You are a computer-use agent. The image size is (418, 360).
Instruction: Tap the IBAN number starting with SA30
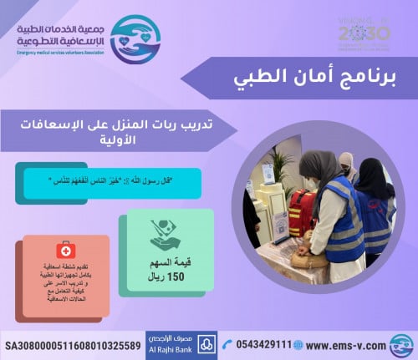coord(73,345)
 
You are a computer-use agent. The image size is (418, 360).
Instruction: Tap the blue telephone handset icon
coord(220,345)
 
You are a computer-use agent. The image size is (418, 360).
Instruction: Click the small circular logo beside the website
coord(401,344)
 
